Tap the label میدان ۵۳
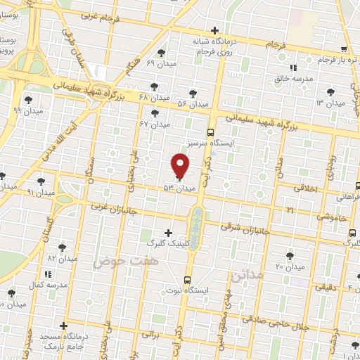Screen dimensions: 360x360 pyautogui.click(x=178, y=188)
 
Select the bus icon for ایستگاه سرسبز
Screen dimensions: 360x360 pyautogui.click(x=210, y=131)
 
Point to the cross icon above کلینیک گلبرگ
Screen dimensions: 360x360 pyautogui.click(x=167, y=232)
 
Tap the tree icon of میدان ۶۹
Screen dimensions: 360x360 pyautogui.click(x=162, y=53)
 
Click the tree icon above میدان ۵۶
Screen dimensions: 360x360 pyautogui.click(x=193, y=94)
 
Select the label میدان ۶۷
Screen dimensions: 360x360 pyautogui.click(x=155, y=124)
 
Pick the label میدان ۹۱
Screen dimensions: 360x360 pyautogui.click(x=40, y=191)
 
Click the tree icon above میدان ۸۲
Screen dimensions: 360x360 pyautogui.click(x=62, y=247)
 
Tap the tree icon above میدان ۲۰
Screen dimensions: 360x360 pyautogui.click(x=290, y=256)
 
